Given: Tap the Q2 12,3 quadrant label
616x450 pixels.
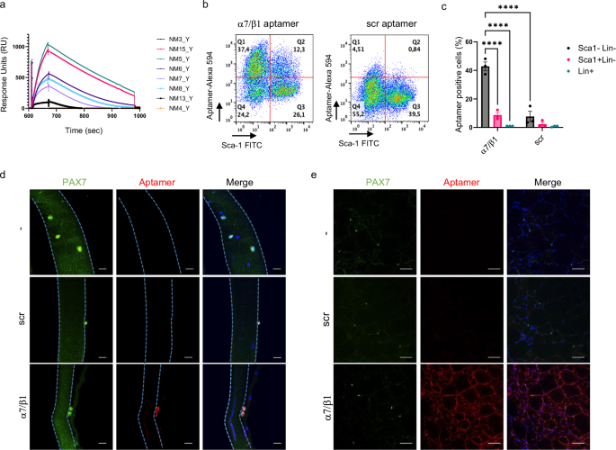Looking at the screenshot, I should (294, 45).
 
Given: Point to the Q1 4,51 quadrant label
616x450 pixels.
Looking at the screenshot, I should (358, 45).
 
